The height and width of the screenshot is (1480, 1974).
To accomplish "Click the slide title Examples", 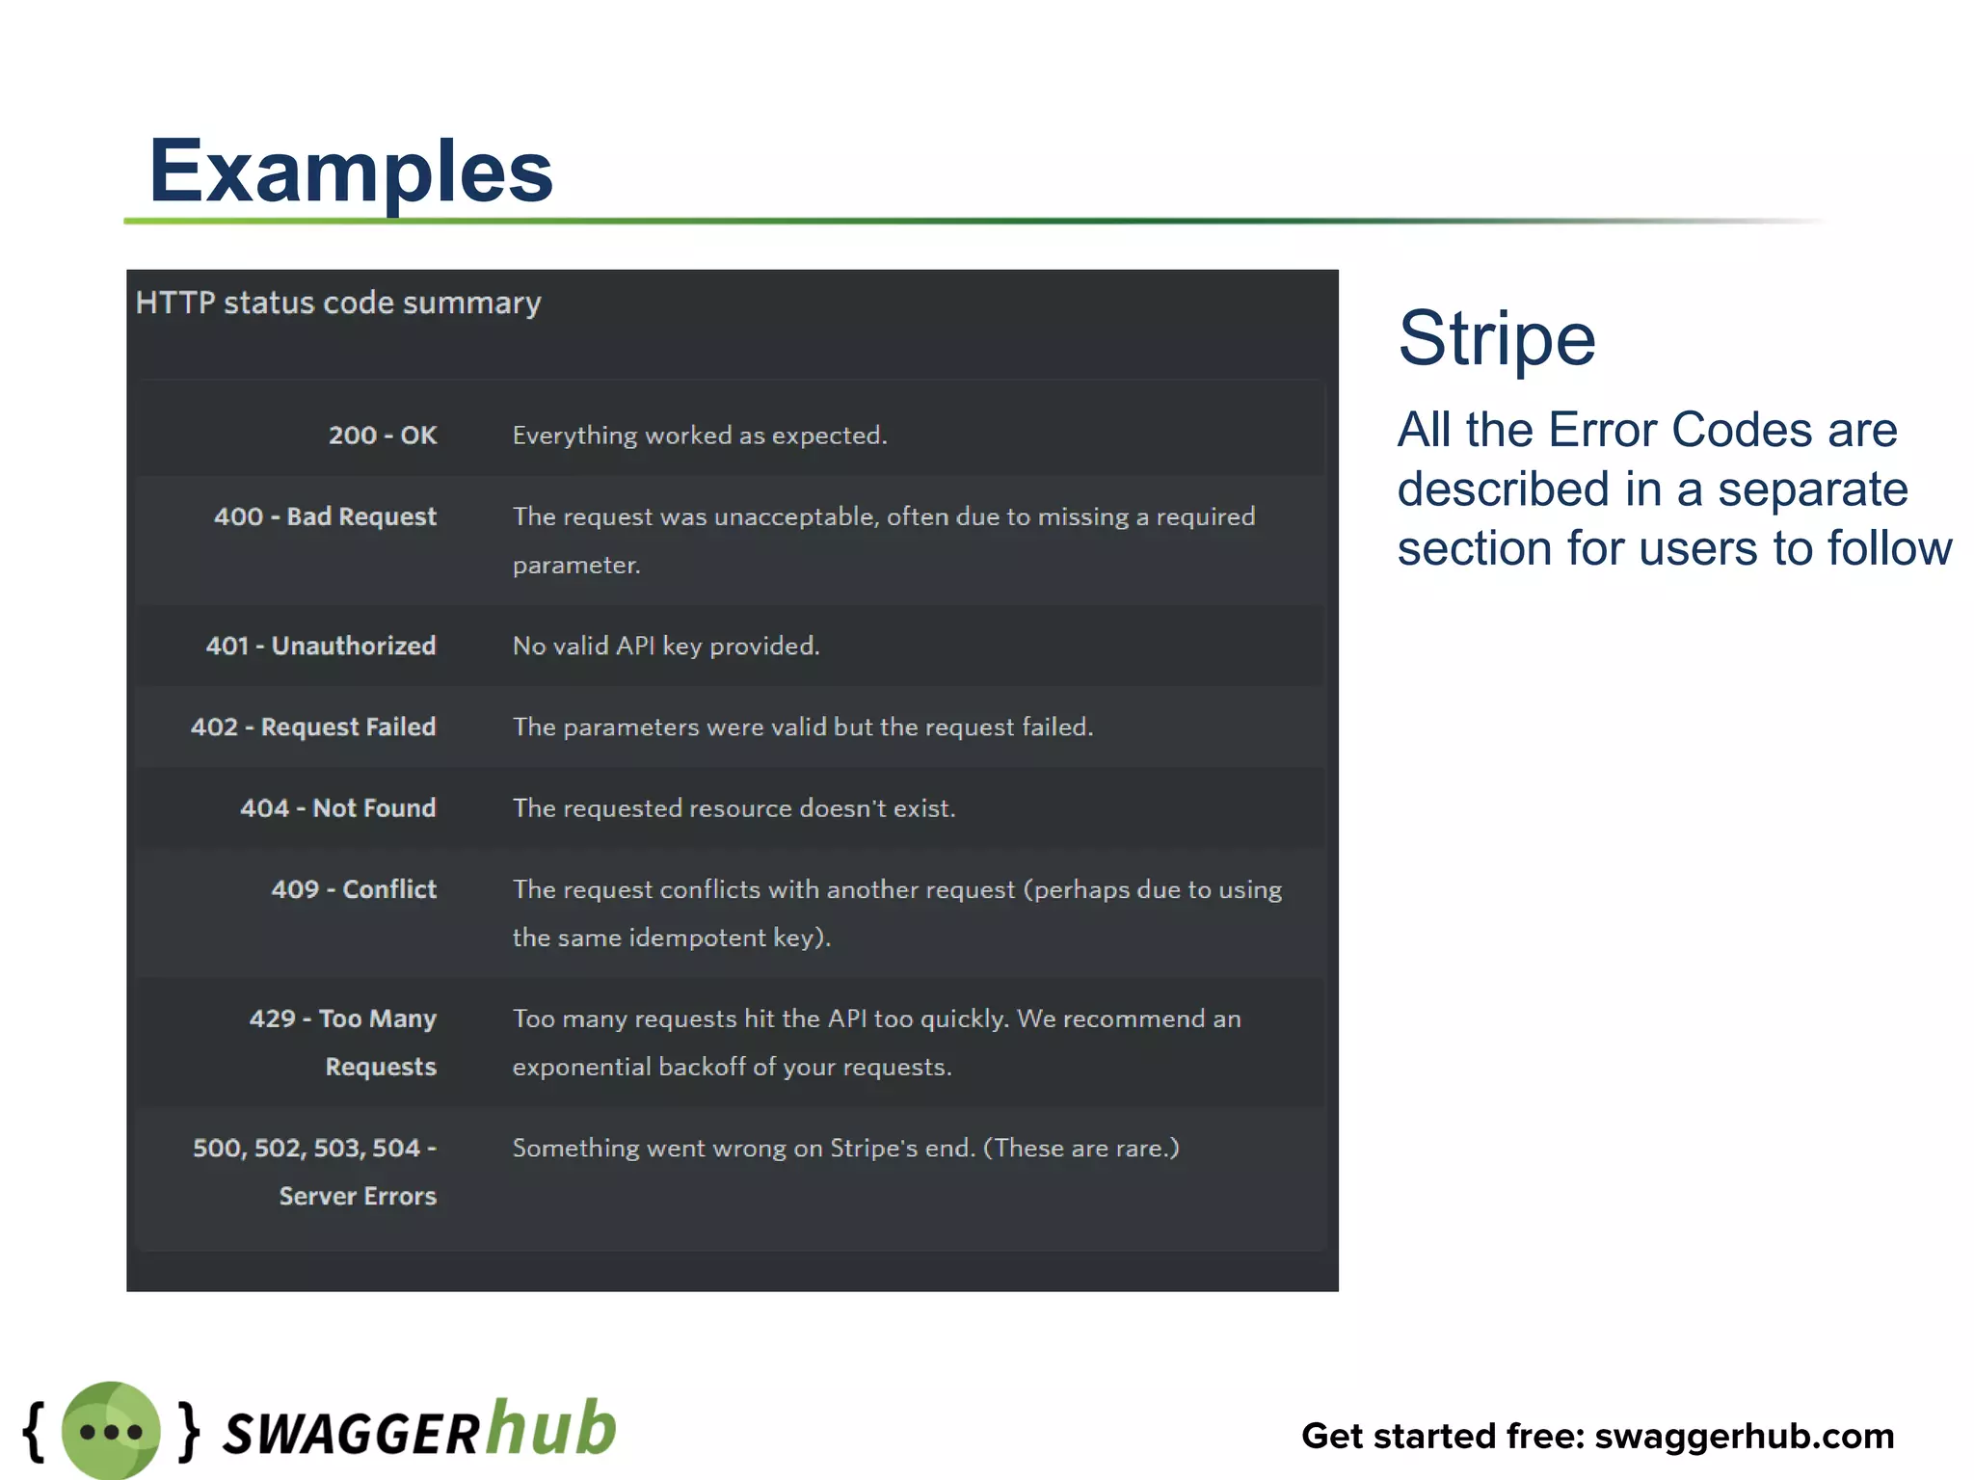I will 351,172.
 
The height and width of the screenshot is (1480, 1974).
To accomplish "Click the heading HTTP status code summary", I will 338,303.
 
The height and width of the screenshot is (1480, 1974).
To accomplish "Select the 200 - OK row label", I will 383,436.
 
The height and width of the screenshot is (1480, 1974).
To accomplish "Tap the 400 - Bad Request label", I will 325,516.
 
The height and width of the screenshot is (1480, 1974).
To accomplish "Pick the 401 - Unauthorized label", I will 321,646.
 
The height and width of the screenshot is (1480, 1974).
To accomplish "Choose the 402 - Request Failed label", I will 313,727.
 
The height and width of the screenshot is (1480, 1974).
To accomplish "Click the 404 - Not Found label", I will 338,807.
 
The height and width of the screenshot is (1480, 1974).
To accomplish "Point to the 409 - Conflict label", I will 354,888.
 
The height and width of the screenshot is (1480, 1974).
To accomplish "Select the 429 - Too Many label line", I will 343,1018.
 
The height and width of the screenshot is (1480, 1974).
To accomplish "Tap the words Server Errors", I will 358,1196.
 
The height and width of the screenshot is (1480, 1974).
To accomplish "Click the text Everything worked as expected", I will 700,436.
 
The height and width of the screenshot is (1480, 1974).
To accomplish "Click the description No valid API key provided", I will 666,646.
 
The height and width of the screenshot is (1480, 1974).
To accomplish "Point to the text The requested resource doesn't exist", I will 734,807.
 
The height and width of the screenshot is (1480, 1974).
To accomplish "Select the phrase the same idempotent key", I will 671,938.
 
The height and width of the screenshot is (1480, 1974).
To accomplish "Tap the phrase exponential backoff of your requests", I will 732,1067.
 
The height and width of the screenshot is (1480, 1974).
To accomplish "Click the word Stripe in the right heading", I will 1497,338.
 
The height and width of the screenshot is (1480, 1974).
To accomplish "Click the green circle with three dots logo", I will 111,1431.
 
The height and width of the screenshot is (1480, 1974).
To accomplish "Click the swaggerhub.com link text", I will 1745,1436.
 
